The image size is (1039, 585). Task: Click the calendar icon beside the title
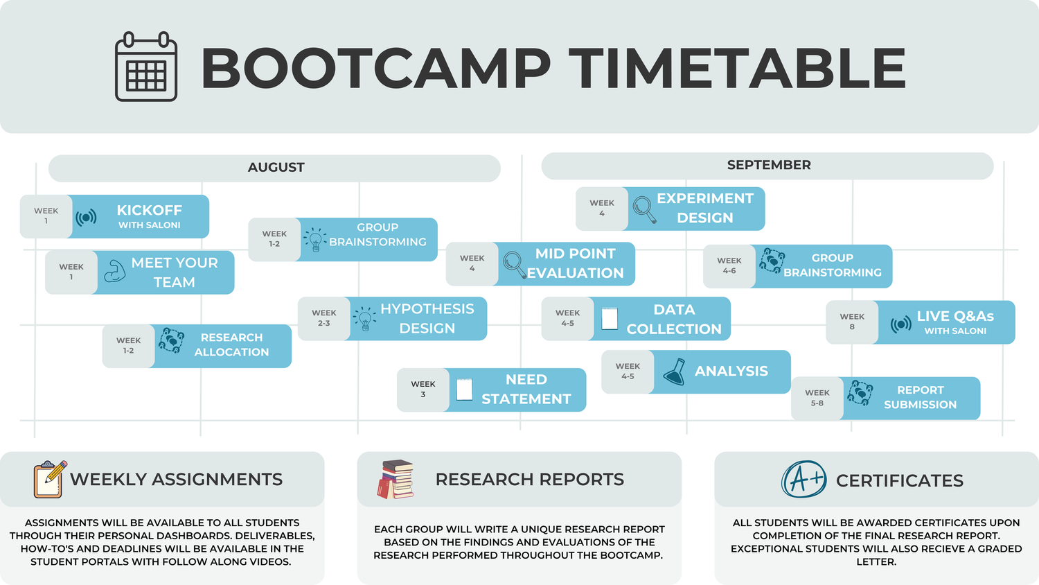click(145, 67)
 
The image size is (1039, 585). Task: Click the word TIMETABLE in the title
click(740, 68)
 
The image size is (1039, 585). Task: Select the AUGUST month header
click(276, 168)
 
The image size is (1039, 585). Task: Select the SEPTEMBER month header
click(768, 166)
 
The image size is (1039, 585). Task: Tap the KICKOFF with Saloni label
click(149, 216)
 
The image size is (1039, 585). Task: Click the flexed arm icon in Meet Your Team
click(114, 272)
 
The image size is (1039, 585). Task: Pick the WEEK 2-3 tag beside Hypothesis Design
click(323, 318)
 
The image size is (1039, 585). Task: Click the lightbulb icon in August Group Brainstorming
click(315, 240)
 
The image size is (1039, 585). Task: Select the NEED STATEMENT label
click(526, 390)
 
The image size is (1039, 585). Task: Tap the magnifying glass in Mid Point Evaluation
click(514, 264)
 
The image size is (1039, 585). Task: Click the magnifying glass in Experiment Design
click(644, 209)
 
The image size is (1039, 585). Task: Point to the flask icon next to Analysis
click(674, 372)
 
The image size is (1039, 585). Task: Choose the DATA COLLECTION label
click(673, 320)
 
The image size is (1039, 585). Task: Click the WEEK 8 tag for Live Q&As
click(851, 322)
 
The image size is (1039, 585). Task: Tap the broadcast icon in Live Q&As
click(900, 324)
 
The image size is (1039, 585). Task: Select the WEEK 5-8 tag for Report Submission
click(817, 398)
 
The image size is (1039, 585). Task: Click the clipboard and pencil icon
click(50, 479)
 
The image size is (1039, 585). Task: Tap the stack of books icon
click(396, 479)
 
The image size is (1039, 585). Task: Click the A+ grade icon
click(804, 479)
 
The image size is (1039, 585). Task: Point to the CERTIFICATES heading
click(899, 480)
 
